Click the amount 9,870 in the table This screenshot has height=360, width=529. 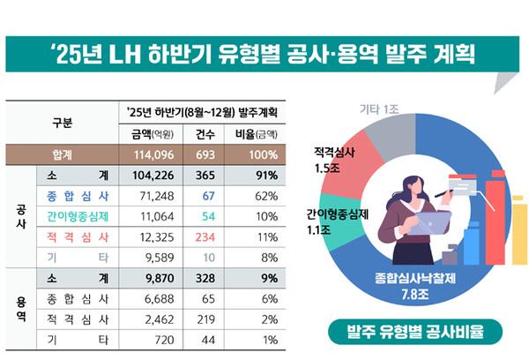tap(149, 278)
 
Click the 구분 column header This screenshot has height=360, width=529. tap(62, 123)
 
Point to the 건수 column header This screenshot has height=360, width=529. tap(209, 133)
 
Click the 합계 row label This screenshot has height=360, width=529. tap(62, 154)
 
